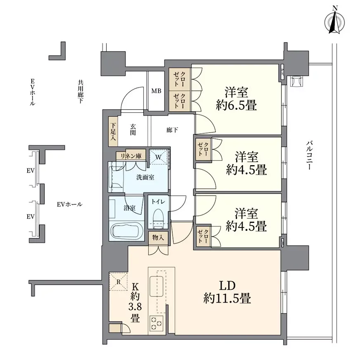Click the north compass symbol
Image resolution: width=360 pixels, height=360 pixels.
tap(334, 22)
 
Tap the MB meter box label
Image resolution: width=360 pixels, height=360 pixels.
tap(156, 91)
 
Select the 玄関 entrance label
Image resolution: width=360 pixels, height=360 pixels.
tap(133, 130)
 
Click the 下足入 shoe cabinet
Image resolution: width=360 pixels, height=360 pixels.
tap(113, 132)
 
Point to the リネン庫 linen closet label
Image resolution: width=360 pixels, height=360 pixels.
tap(131, 156)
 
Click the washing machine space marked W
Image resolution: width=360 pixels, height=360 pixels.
tap(159, 157)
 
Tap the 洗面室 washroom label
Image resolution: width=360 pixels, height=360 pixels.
tap(145, 177)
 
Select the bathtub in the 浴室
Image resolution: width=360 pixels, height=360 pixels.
tap(127, 231)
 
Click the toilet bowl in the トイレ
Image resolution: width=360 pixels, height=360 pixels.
tap(158, 218)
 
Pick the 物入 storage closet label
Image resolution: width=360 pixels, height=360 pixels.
tap(158, 238)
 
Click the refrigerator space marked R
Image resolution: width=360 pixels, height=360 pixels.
tap(118, 282)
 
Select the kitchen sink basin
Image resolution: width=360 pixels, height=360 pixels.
tap(156, 286)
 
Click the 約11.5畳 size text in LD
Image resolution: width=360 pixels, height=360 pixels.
tap(227, 298)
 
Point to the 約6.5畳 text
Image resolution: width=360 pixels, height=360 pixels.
tap(236, 105)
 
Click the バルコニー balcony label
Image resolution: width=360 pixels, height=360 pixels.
tap(309, 155)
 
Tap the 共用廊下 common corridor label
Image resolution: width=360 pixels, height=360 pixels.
tap(81, 91)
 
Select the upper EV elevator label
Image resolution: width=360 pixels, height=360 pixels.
tap(31, 171)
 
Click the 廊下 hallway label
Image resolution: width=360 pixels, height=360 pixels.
tap(172, 130)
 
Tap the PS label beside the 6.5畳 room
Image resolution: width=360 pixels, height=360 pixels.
tap(282, 72)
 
